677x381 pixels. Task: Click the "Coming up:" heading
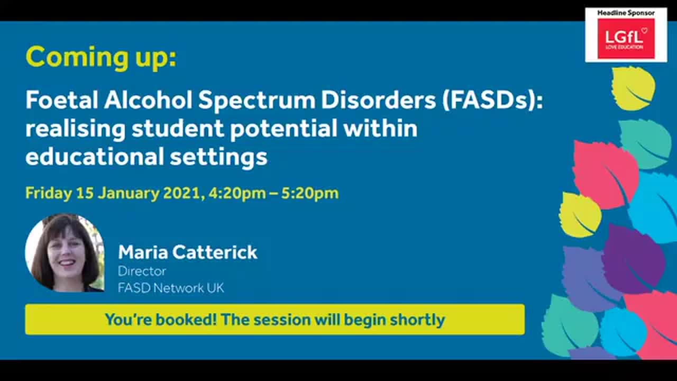tap(100, 57)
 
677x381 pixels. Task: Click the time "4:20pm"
tap(237, 193)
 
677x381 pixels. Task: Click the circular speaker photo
tap(65, 253)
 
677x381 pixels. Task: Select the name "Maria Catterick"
tap(187, 252)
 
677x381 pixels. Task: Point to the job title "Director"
tap(142, 271)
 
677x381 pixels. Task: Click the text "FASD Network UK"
tap(171, 288)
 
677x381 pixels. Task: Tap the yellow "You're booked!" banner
tap(275, 319)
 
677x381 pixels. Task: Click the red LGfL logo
tap(626, 39)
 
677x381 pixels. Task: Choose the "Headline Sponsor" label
tap(626, 13)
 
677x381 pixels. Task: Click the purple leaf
tap(634, 258)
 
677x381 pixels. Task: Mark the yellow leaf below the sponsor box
tap(634, 88)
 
